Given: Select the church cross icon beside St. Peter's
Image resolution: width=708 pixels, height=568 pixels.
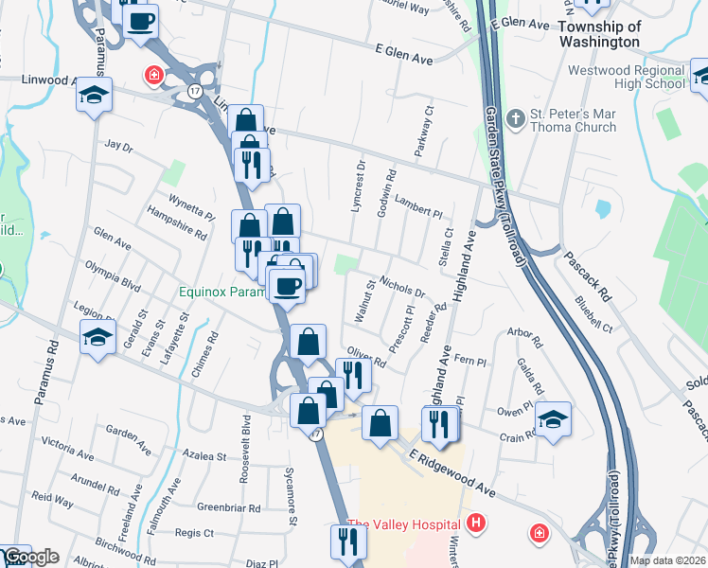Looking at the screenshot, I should point(515,119).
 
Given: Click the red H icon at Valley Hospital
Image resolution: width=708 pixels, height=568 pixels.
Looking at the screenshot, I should point(476,523).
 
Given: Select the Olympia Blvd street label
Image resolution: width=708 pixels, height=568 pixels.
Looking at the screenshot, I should point(112,275).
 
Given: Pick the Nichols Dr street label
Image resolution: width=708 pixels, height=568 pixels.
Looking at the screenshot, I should point(402,286).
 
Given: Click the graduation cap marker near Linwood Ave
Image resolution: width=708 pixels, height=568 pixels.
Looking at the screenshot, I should point(95,95).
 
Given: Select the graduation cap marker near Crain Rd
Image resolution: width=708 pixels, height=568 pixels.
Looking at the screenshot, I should point(554,419).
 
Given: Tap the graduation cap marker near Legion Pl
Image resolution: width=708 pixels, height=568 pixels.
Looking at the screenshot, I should point(97,338).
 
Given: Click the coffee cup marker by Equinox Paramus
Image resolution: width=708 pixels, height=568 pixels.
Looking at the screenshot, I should point(287,284).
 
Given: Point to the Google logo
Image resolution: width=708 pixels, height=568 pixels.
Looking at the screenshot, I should point(30,557).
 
